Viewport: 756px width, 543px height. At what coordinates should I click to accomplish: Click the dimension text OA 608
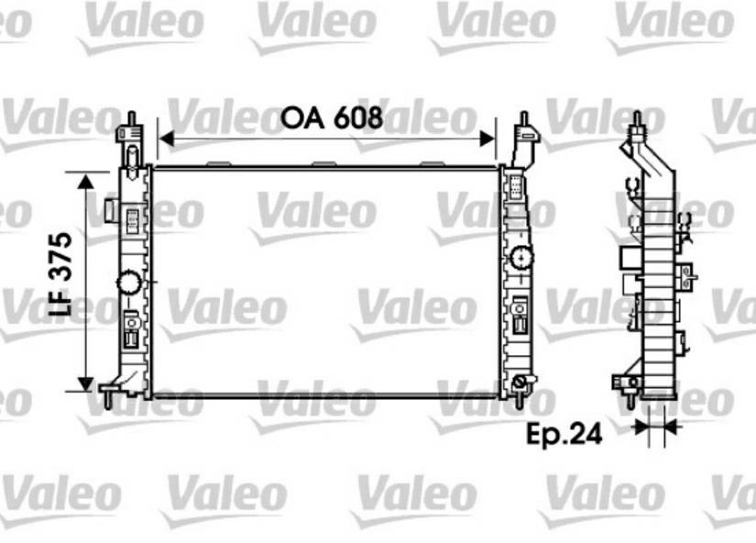click(x=332, y=117)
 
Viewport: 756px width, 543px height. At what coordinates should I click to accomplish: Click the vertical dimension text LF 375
click(x=61, y=273)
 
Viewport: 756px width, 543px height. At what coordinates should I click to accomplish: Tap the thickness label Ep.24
click(x=564, y=434)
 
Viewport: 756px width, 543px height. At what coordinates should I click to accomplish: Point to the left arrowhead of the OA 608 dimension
click(x=166, y=139)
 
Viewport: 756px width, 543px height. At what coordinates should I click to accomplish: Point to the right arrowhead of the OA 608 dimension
click(x=488, y=139)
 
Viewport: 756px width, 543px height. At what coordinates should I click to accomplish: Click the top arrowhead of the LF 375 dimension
click(x=85, y=182)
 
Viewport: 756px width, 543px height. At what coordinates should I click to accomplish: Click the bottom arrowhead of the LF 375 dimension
click(x=85, y=383)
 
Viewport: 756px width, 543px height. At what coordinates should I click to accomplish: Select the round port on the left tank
click(x=129, y=283)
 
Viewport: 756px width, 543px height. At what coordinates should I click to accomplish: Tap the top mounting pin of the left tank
click(x=131, y=118)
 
